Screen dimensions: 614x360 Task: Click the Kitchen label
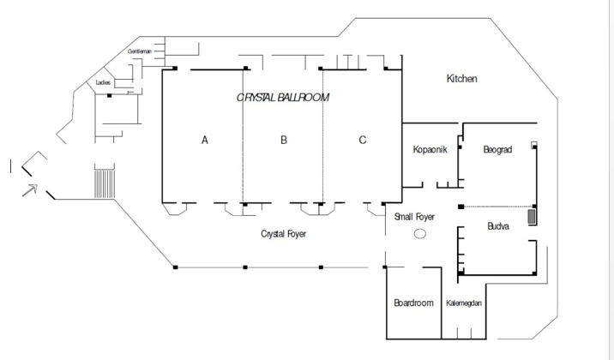[461, 79]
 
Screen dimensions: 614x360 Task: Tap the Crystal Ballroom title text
[283, 98]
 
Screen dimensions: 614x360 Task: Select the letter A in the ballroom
[204, 140]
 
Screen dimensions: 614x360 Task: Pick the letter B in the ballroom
[284, 140]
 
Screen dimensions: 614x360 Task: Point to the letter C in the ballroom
[363, 140]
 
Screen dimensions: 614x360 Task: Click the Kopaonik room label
[430, 149]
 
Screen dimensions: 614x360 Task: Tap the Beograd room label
[497, 149]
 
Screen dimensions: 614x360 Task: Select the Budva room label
[498, 225]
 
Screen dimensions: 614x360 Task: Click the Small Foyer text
[414, 217]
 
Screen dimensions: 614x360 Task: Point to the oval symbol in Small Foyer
[420, 234]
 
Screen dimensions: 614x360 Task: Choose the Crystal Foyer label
[284, 234]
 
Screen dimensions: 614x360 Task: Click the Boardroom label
[413, 303]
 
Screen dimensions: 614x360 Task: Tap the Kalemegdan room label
[464, 303]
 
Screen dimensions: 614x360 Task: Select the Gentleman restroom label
[140, 51]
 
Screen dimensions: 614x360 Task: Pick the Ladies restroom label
[103, 82]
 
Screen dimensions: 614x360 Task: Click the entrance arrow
[30, 190]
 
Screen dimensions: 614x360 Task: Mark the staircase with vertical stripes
[105, 183]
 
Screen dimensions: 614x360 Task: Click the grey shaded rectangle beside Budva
[532, 217]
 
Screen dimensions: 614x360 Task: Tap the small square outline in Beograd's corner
[533, 145]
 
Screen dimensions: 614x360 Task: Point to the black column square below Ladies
[109, 95]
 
